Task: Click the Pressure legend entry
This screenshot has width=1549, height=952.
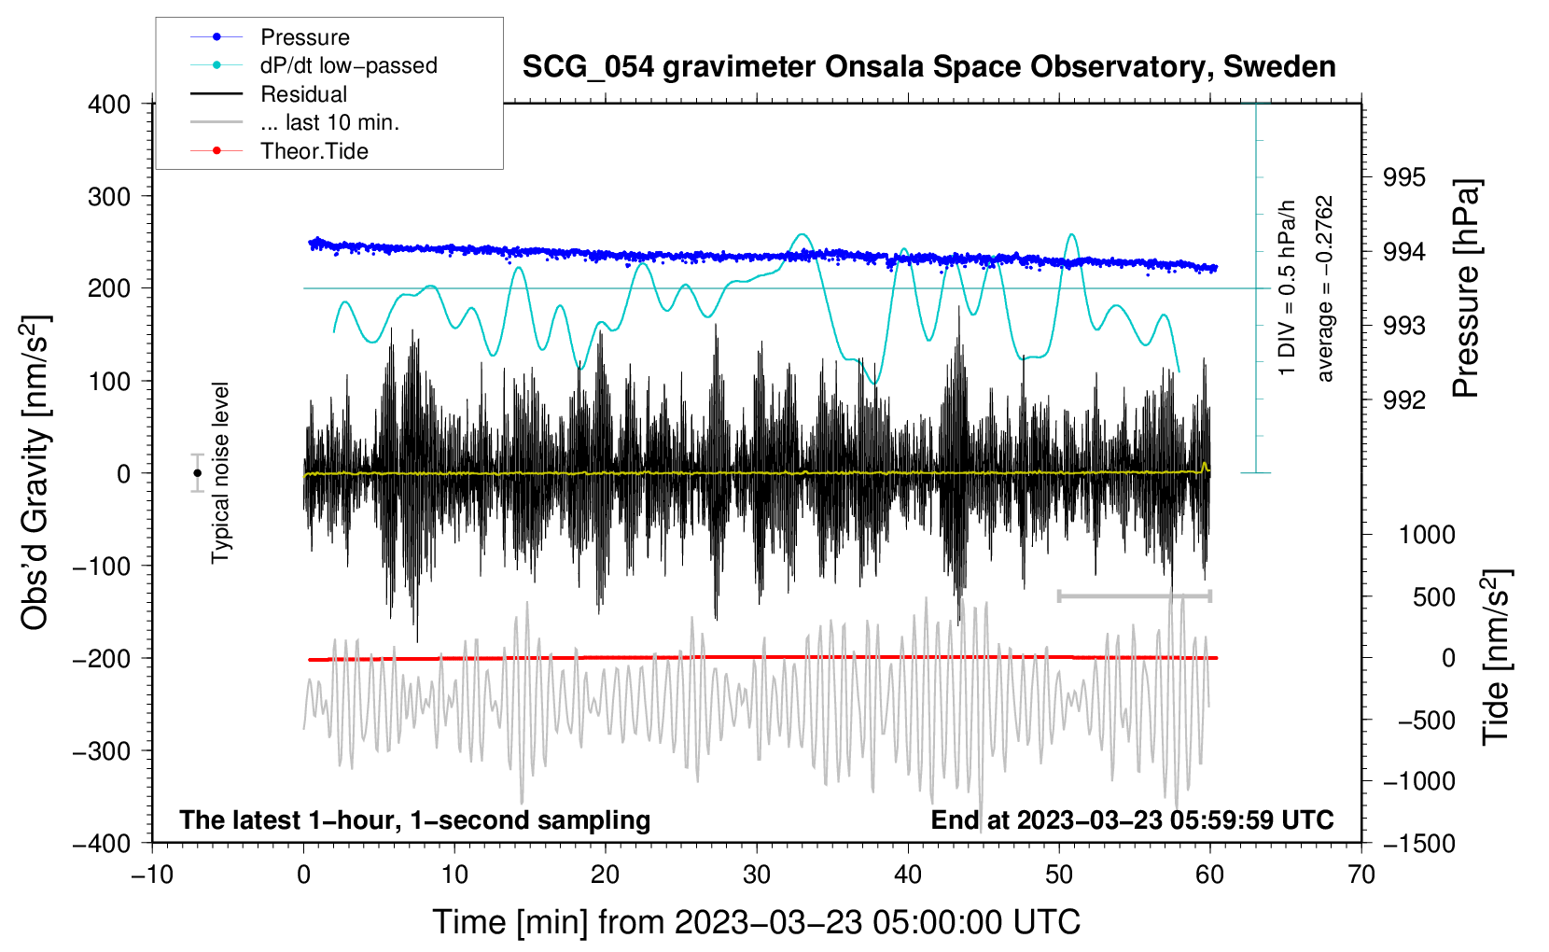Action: point(271,36)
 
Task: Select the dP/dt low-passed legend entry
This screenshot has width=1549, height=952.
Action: point(314,65)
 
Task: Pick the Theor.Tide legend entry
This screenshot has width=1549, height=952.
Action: point(279,151)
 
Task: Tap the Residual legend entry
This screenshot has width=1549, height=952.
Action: point(269,94)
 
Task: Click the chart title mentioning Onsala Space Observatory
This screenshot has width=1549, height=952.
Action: point(928,67)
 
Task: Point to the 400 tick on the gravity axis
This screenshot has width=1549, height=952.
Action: point(109,105)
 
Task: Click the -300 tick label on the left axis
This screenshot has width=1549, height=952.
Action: point(102,751)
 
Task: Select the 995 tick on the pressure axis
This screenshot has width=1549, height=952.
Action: point(1403,178)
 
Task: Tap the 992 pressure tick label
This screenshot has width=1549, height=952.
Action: point(1403,399)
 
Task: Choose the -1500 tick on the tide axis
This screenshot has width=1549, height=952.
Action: point(1419,844)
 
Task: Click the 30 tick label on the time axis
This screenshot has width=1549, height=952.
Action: point(757,875)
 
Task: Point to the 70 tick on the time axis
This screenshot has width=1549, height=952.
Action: point(1361,875)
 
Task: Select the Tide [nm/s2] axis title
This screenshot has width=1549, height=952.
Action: point(1497,658)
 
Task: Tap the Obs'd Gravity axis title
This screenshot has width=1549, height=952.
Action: point(35,473)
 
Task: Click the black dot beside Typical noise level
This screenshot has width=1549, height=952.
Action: point(197,473)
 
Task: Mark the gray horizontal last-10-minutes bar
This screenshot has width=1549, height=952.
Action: point(1134,595)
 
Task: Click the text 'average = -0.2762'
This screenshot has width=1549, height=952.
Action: point(1324,288)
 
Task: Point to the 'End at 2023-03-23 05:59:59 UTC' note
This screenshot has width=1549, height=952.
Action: point(1132,819)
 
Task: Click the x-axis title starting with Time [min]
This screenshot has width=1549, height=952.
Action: point(757,922)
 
